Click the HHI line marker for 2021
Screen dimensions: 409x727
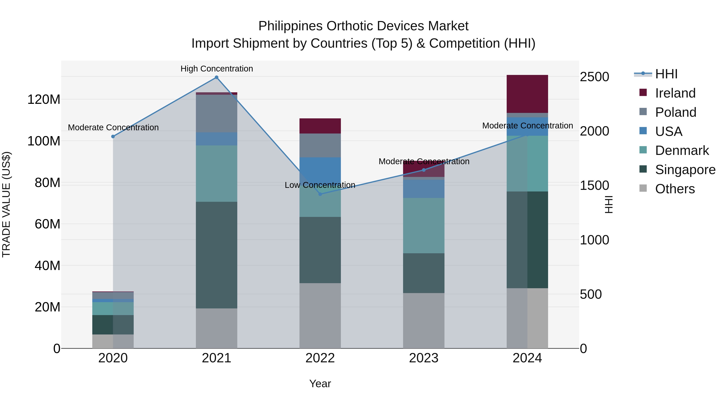click(216, 77)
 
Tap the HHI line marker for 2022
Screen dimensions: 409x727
click(320, 194)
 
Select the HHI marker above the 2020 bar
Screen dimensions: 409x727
click(113, 137)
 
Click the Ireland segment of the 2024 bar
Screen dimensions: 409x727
click(527, 94)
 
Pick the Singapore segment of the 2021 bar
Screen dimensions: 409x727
click(216, 255)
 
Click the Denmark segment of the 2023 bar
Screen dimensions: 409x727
click(424, 226)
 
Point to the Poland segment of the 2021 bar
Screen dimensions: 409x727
click(216, 114)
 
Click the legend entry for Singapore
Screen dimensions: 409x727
click(685, 170)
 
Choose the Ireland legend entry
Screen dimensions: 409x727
click(675, 93)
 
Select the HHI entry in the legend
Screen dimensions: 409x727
click(666, 74)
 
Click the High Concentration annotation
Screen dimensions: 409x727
click(217, 69)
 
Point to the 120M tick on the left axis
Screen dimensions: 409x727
click(44, 100)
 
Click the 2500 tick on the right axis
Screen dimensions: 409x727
click(594, 77)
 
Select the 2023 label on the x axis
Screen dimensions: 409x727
click(424, 358)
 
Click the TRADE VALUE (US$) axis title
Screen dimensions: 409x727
click(6, 204)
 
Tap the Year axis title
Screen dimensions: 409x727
click(320, 384)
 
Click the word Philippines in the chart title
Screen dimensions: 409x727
click(290, 26)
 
